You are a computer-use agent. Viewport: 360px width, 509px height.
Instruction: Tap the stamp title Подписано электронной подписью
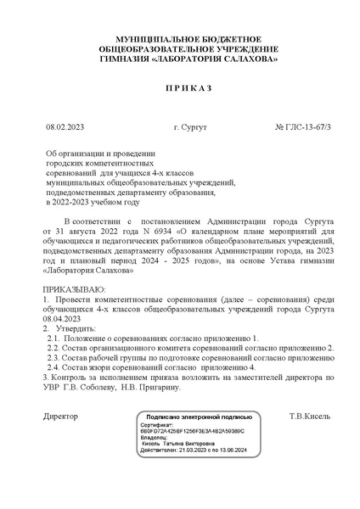point(200,418)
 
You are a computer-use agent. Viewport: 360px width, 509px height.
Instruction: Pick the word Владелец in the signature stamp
point(158,437)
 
